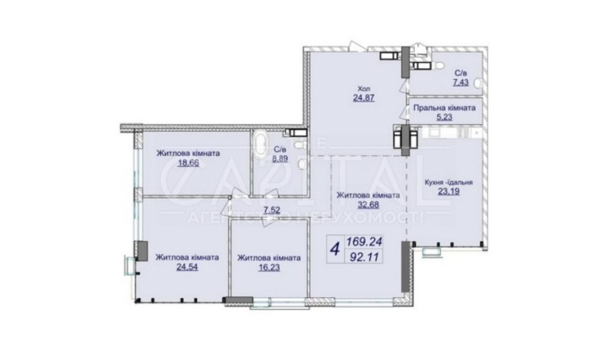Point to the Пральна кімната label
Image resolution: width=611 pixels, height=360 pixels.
pos(443,109)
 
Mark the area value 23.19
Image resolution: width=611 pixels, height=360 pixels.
pos(449,194)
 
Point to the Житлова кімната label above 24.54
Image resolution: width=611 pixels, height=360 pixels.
pos(187,257)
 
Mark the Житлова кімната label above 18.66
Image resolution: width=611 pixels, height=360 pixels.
pos(188,152)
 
